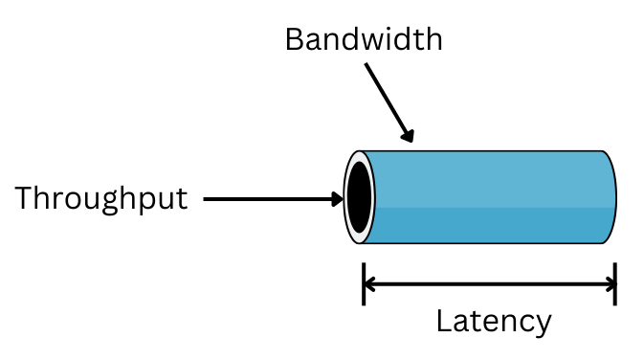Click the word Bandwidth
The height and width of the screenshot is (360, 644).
point(364,39)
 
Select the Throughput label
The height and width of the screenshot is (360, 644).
point(100,199)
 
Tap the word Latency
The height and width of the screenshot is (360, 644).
point(493,321)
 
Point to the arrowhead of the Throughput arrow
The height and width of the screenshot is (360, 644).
point(336,199)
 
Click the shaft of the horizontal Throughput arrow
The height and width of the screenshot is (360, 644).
point(268,199)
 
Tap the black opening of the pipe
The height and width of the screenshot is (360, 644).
point(359,197)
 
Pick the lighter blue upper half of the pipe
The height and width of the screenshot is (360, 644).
point(488,177)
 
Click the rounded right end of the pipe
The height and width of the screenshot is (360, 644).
point(610,197)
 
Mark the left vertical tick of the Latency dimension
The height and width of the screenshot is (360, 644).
point(364,283)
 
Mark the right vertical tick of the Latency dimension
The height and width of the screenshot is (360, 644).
point(614,283)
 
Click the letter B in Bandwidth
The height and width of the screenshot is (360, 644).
point(295,39)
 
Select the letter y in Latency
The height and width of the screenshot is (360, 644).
point(542,325)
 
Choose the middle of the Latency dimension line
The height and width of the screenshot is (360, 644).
point(489,283)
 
